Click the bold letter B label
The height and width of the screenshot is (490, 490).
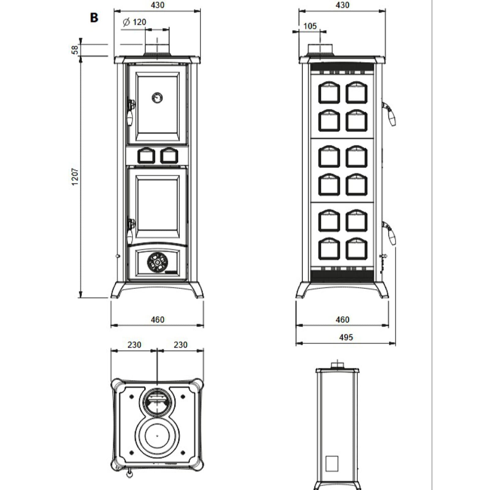94,17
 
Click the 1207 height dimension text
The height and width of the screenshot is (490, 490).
75,176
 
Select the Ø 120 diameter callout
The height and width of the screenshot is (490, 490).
134,22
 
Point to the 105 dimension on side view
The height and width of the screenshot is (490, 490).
310,26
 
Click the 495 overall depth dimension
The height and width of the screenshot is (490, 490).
346,337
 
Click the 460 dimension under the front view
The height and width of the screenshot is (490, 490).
157,320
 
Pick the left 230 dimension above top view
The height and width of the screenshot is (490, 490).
134,345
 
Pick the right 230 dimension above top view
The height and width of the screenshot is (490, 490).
180,345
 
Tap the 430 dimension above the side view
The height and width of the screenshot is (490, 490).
342,5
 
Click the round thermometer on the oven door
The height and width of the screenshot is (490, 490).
157,98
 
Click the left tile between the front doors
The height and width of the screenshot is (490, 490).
146,156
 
